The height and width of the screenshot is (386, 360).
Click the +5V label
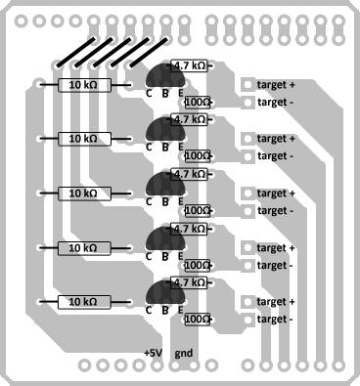[153, 353]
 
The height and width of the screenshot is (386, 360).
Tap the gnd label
[184, 354]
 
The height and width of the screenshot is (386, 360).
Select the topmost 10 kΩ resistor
[84, 85]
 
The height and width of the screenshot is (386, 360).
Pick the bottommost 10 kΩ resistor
[84, 302]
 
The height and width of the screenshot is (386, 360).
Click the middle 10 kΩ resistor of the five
[84, 193]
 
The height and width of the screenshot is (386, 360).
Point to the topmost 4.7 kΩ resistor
[189, 65]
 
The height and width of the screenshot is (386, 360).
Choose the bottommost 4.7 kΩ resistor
[189, 282]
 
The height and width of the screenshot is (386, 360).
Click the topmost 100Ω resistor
[198, 103]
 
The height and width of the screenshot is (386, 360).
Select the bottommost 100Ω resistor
[198, 320]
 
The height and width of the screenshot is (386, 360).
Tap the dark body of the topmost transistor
[165, 75]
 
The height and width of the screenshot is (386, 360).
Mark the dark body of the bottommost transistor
[165, 292]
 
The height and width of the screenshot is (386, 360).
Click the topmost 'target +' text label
[276, 85]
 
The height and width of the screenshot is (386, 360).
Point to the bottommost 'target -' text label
[275, 320]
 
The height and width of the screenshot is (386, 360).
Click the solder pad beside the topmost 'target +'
[247, 85]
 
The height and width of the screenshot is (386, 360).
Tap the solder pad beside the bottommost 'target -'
[247, 320]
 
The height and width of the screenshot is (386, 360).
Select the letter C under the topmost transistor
[149, 94]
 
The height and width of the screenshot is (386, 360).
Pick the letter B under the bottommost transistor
[165, 311]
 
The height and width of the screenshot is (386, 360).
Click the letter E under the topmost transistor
[181, 93]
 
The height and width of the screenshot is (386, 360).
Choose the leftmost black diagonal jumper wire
[76, 53]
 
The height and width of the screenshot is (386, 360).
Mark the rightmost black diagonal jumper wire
[149, 53]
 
